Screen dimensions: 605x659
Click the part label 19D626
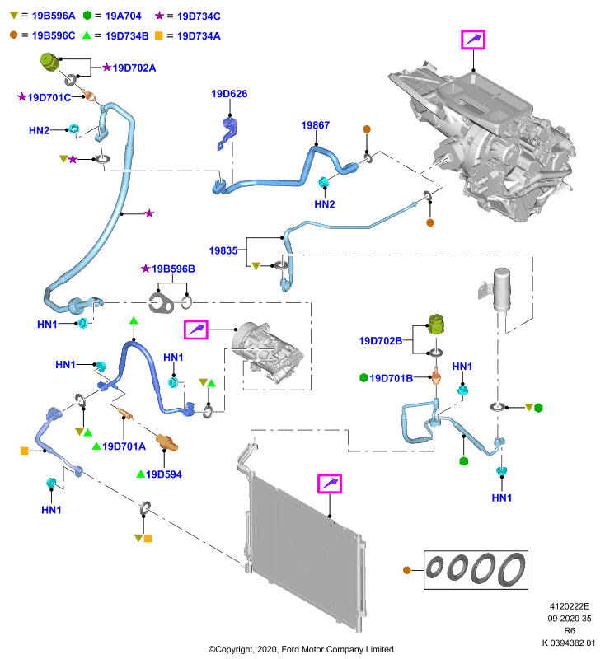pyautogui.click(x=229, y=94)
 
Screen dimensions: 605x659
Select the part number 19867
pyautogui.click(x=316, y=125)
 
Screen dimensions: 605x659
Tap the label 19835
pyautogui.click(x=223, y=250)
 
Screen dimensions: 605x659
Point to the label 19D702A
pyautogui.click(x=134, y=68)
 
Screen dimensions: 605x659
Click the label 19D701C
pyautogui.click(x=49, y=97)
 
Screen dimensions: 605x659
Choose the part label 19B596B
pyautogui.click(x=173, y=269)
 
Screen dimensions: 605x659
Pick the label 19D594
pyautogui.click(x=164, y=474)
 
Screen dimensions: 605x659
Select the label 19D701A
pyautogui.click(x=124, y=446)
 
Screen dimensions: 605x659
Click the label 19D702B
pyautogui.click(x=381, y=341)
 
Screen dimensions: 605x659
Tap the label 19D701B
pyautogui.click(x=391, y=378)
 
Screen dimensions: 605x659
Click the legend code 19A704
pyautogui.click(x=123, y=16)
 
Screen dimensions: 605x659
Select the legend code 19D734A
pyautogui.click(x=199, y=36)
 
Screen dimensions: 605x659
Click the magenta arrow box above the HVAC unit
pyautogui.click(x=473, y=40)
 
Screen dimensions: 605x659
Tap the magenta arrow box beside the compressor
pyautogui.click(x=196, y=329)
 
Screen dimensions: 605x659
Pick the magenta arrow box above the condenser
pyautogui.click(x=329, y=484)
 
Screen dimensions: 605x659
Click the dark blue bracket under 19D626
pyautogui.click(x=227, y=133)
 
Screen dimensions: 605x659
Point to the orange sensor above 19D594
pyautogui.click(x=167, y=442)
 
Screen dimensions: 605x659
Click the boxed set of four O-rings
pyautogui.click(x=476, y=570)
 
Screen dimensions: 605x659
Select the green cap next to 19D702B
pyautogui.click(x=436, y=324)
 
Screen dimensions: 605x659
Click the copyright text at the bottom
pyautogui.click(x=301, y=649)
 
